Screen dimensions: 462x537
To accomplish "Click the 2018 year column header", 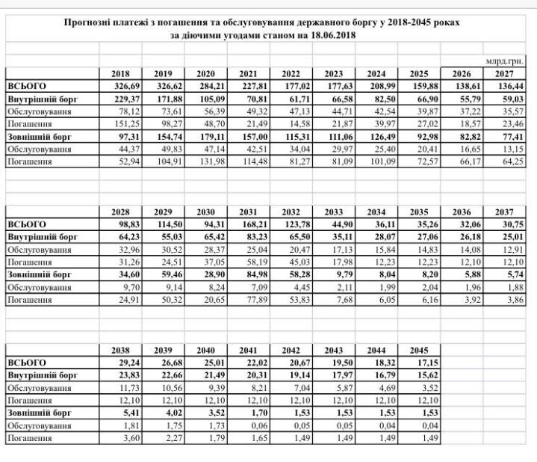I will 119,73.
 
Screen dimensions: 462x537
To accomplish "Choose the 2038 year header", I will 119,351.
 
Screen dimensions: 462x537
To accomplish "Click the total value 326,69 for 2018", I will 119,86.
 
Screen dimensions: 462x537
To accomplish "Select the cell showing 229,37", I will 119,99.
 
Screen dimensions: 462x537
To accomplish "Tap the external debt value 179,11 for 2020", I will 205,137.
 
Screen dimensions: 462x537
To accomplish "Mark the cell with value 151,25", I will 119,124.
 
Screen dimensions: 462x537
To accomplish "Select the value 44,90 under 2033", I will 336,224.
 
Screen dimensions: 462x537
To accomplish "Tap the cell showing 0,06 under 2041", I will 252,426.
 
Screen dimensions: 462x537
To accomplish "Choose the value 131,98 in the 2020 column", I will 205,162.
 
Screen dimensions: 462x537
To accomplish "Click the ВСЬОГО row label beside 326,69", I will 26,86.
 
